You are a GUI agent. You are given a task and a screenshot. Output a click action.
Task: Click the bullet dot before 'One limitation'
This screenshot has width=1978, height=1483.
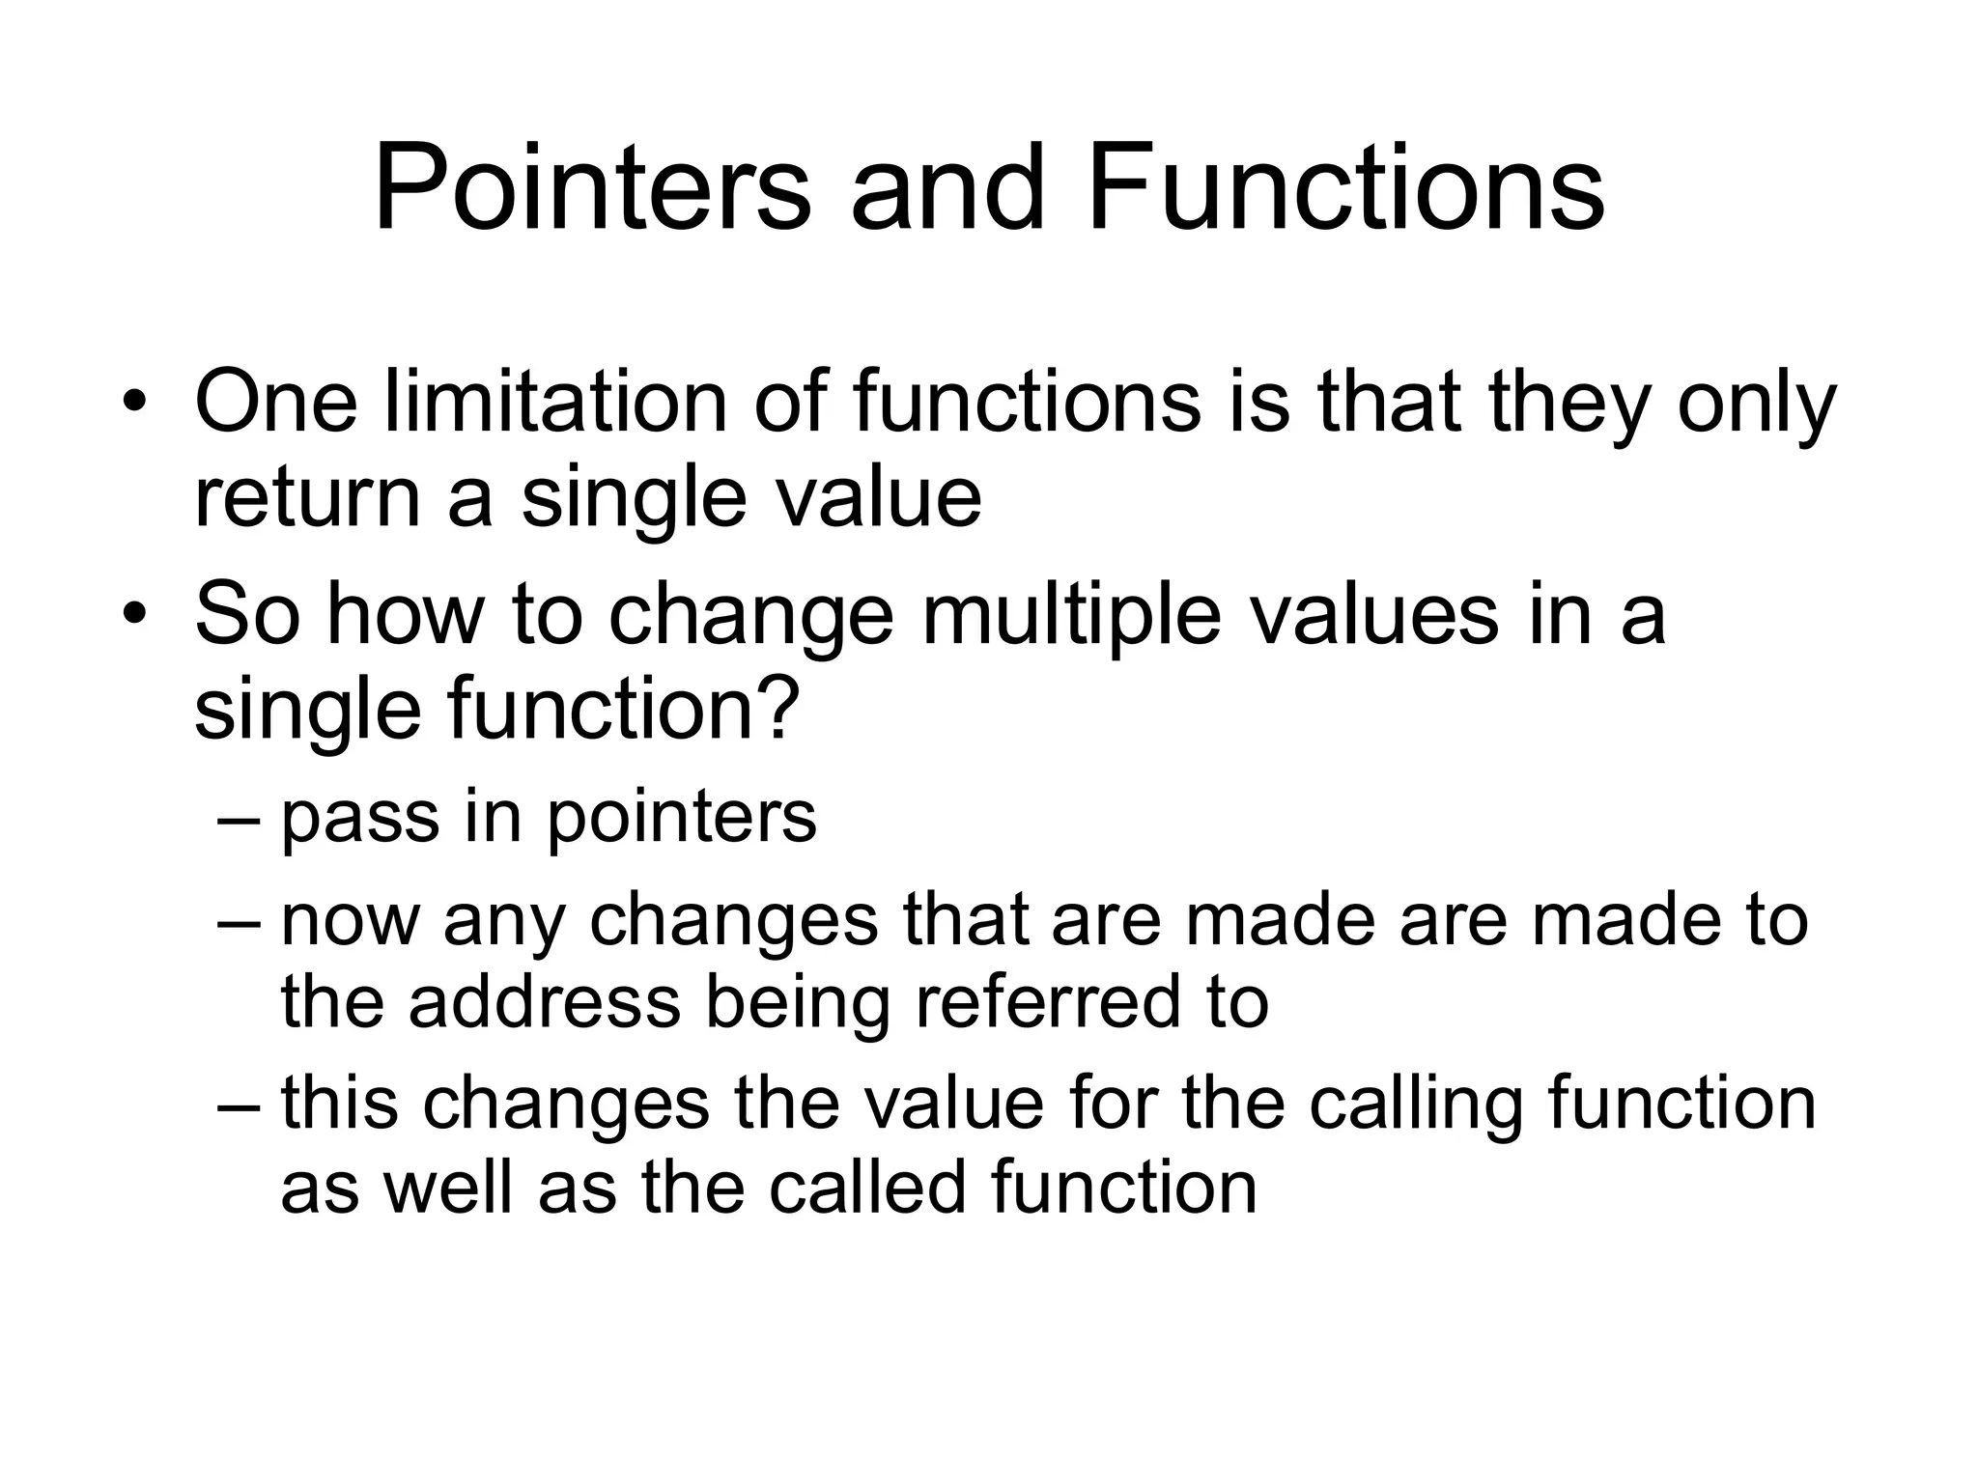135,404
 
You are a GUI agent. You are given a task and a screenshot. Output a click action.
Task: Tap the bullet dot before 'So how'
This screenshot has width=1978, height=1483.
135,615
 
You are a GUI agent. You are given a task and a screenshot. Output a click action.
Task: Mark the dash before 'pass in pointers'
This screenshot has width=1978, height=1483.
240,819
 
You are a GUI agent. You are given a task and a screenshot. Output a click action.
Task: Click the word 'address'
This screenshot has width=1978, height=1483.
545,1001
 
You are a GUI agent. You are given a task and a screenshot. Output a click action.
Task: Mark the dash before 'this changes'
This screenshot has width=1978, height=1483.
240,1105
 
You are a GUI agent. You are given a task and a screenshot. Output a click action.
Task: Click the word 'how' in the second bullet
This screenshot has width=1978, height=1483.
405,615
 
